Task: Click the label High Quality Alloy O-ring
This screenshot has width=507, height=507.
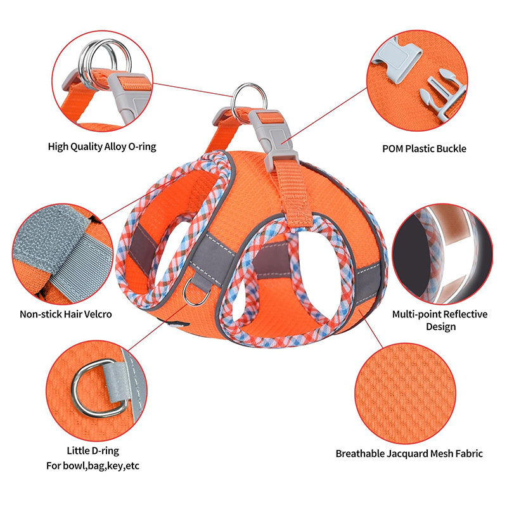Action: (102, 147)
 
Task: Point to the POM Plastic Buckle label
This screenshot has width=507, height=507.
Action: (424, 149)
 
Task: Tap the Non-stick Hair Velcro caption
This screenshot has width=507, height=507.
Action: (66, 314)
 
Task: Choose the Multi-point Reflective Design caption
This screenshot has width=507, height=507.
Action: (440, 320)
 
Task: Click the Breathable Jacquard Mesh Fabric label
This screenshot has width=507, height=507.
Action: (409, 454)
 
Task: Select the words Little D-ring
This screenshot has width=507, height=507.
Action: (93, 451)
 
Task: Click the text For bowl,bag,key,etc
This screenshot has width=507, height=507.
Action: (93, 466)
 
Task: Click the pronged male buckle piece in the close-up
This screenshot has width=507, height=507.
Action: (444, 94)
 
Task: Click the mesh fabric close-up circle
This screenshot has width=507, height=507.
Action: (406, 393)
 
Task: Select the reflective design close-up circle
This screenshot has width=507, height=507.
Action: (442, 254)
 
